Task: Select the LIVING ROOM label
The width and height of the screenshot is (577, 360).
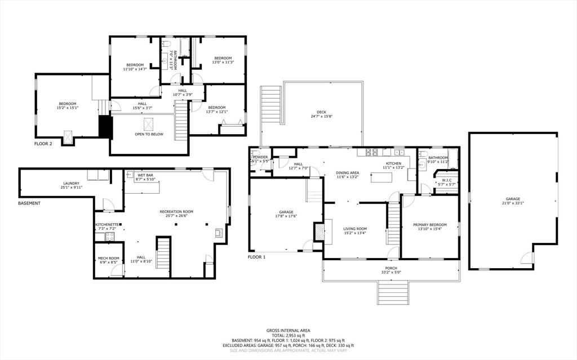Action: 355,229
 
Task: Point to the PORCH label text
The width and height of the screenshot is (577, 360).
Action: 391,268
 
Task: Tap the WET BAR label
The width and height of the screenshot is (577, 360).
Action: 145,175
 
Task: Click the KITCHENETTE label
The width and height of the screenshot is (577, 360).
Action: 107,225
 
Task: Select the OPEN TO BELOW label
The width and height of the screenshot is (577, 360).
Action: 149,134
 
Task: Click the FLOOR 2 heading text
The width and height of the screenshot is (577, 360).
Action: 43,144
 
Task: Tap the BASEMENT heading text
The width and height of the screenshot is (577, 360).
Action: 29,203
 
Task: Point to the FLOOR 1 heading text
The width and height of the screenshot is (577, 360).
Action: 257,257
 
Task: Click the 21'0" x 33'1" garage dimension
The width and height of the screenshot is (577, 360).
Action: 512,203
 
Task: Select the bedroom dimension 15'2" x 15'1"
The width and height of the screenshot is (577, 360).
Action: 68,108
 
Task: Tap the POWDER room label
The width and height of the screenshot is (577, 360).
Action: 260,157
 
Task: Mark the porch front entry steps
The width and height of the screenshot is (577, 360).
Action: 392,292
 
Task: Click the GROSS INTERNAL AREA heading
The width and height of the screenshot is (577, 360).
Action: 288,330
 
